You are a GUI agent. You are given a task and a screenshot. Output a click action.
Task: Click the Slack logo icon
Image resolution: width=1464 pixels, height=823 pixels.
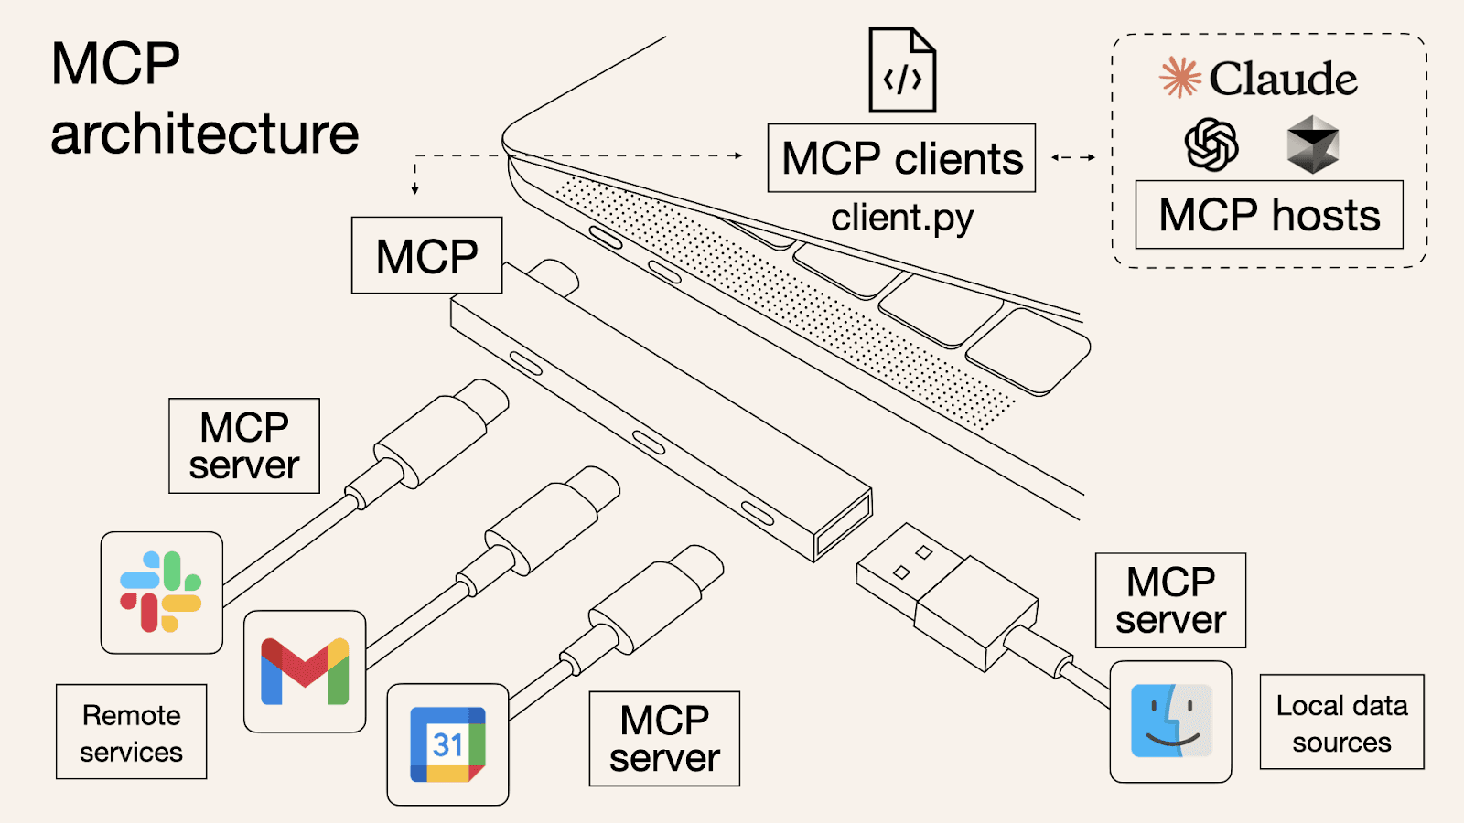click(x=161, y=592)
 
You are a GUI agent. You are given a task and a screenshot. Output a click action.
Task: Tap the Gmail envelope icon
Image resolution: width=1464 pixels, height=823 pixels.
click(x=305, y=671)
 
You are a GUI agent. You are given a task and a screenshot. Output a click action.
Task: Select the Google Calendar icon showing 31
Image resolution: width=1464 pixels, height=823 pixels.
click(x=447, y=744)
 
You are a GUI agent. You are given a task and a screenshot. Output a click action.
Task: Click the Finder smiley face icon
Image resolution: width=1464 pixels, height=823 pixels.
click(x=1171, y=721)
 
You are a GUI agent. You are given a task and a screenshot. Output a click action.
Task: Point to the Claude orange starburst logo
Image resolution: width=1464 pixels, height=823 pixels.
click(x=1180, y=78)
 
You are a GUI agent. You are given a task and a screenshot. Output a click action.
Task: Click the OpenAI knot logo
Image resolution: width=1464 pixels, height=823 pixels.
click(x=1211, y=144)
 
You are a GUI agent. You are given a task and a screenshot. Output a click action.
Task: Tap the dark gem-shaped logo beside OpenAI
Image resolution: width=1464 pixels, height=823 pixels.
click(x=1312, y=144)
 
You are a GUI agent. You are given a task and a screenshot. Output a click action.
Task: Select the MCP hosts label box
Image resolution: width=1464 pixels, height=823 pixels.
click(x=1269, y=215)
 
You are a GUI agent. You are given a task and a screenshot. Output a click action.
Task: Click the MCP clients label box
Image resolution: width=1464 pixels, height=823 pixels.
click(x=901, y=158)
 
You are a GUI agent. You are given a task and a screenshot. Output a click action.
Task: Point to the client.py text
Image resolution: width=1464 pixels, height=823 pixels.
click(x=902, y=219)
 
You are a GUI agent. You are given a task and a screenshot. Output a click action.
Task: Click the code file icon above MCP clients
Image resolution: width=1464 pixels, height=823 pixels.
click(x=902, y=70)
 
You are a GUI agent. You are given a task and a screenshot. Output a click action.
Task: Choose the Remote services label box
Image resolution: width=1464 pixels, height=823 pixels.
click(x=131, y=732)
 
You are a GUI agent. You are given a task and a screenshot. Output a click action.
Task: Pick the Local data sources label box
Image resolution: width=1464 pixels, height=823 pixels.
click(x=1341, y=722)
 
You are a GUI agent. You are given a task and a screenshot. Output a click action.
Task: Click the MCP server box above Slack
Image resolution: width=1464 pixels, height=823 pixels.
click(x=244, y=446)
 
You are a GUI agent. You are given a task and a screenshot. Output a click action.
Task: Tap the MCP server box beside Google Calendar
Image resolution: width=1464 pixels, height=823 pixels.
click(x=664, y=739)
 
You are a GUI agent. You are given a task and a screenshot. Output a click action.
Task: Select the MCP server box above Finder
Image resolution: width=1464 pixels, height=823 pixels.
click(x=1170, y=601)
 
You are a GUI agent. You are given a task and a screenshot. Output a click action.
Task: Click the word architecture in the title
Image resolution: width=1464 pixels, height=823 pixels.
click(x=204, y=134)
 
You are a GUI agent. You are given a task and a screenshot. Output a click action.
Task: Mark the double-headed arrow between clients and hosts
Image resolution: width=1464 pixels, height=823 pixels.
click(x=1073, y=157)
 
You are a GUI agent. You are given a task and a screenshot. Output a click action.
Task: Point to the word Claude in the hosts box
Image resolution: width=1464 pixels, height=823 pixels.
click(x=1283, y=79)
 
